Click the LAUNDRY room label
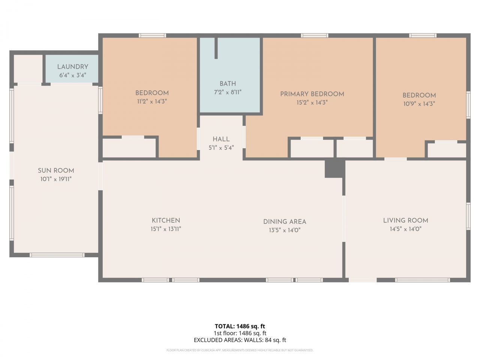(72, 67)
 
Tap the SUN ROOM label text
(56, 171)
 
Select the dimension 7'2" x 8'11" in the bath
(228, 92)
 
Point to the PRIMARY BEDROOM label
(312, 94)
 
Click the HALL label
(221, 139)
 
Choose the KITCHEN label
(166, 220)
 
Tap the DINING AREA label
(285, 222)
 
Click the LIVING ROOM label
(405, 220)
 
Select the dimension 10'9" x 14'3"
(419, 104)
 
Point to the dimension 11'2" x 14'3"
(151, 101)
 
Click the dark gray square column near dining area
(334, 168)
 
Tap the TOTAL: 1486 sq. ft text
(240, 326)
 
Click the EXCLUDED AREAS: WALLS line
(240, 340)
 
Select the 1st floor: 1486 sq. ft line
(240, 333)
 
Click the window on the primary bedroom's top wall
(315, 36)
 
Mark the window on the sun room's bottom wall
(57, 255)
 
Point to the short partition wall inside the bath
(216, 48)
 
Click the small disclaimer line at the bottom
(240, 350)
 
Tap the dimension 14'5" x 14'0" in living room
(405, 229)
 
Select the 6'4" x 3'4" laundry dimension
(72, 75)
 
